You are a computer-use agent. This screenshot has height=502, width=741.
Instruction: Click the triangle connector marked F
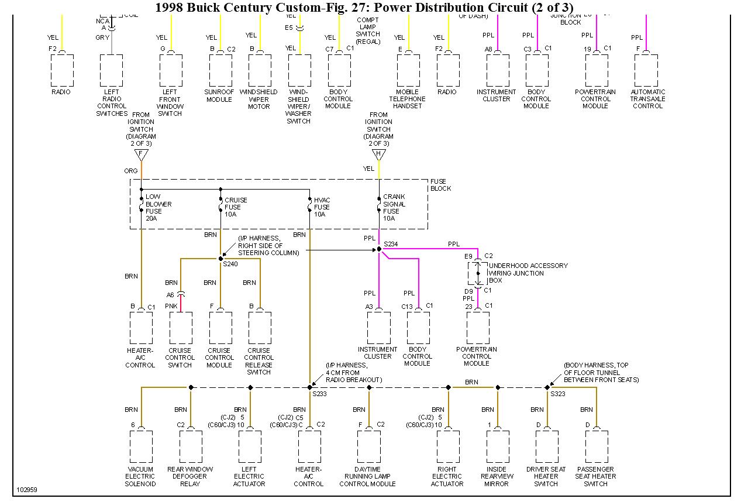(141, 154)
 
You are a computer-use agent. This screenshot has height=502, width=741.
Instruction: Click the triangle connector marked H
(378, 154)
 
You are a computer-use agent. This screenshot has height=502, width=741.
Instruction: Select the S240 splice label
(230, 264)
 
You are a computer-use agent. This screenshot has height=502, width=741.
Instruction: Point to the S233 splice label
(319, 394)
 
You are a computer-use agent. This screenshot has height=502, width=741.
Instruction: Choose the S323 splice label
(557, 394)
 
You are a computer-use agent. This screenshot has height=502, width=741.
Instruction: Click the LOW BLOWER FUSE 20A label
(158, 208)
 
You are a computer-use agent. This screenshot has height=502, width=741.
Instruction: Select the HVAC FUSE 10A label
(322, 207)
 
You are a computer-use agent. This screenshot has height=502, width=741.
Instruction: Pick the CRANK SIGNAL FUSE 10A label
(394, 208)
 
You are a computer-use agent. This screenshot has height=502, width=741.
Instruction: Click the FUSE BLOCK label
(440, 185)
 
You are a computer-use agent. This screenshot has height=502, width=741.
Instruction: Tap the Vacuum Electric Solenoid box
(141, 447)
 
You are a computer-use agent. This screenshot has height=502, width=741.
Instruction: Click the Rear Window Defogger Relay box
(191, 447)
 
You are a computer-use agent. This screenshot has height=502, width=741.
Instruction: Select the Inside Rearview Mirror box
(497, 447)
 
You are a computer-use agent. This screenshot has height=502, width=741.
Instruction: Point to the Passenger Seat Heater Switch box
(596, 447)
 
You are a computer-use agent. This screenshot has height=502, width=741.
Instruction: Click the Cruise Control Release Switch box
(259, 328)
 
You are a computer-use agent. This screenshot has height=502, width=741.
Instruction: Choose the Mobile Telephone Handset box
(408, 71)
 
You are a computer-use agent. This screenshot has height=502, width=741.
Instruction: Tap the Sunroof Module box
(220, 71)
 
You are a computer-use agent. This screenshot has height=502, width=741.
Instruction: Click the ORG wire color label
(130, 171)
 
